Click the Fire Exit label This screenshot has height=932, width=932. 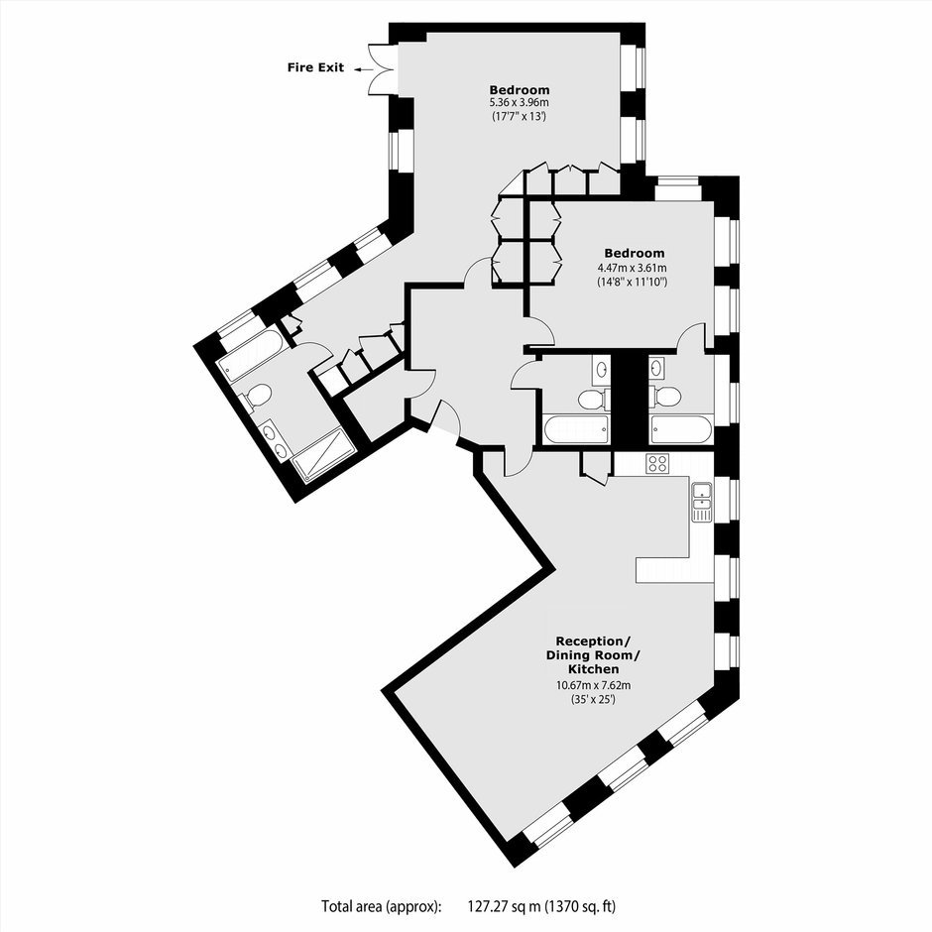pyautogui.click(x=315, y=67)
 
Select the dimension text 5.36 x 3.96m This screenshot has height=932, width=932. pyautogui.click(x=519, y=103)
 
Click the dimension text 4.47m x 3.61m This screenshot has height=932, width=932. pyautogui.click(x=632, y=268)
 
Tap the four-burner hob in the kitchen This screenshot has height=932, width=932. pyautogui.click(x=657, y=463)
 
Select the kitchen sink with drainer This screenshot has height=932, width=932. pyautogui.click(x=702, y=503)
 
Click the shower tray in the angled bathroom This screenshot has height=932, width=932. pyautogui.click(x=323, y=454)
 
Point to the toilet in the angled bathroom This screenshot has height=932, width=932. pyautogui.click(x=255, y=397)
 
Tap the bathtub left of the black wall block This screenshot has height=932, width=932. pyautogui.click(x=575, y=429)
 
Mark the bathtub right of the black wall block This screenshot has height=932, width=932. pyautogui.click(x=680, y=429)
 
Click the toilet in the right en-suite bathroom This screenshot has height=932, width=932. pyautogui.click(x=665, y=396)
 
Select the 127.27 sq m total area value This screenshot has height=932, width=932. pyautogui.click(x=504, y=906)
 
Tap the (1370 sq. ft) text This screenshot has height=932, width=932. pyautogui.click(x=580, y=906)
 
